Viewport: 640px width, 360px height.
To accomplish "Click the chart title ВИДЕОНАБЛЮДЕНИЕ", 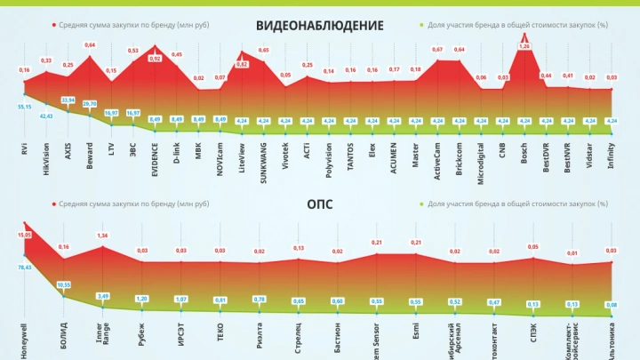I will point(319,25).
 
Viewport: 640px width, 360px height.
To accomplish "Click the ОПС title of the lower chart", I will point(319,204).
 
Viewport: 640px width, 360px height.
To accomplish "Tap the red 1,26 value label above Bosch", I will point(524,45).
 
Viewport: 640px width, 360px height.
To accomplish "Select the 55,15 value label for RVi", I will point(24,107).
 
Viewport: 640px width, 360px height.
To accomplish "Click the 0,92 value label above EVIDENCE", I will point(155,59).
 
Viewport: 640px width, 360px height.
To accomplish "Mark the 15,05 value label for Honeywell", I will point(24,235).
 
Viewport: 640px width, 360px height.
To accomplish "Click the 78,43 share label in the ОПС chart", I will point(24,267).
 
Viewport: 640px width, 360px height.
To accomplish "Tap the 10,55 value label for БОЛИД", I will point(64,284).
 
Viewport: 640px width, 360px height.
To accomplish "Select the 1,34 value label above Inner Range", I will point(103,236).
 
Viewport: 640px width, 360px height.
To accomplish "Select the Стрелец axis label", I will point(298,339).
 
